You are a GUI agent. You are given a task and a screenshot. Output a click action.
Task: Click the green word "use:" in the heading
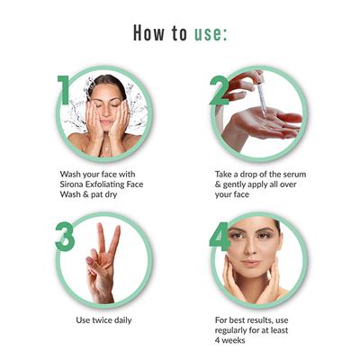(x=211, y=34)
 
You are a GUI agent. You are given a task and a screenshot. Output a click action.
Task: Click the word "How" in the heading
(x=148, y=33)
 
